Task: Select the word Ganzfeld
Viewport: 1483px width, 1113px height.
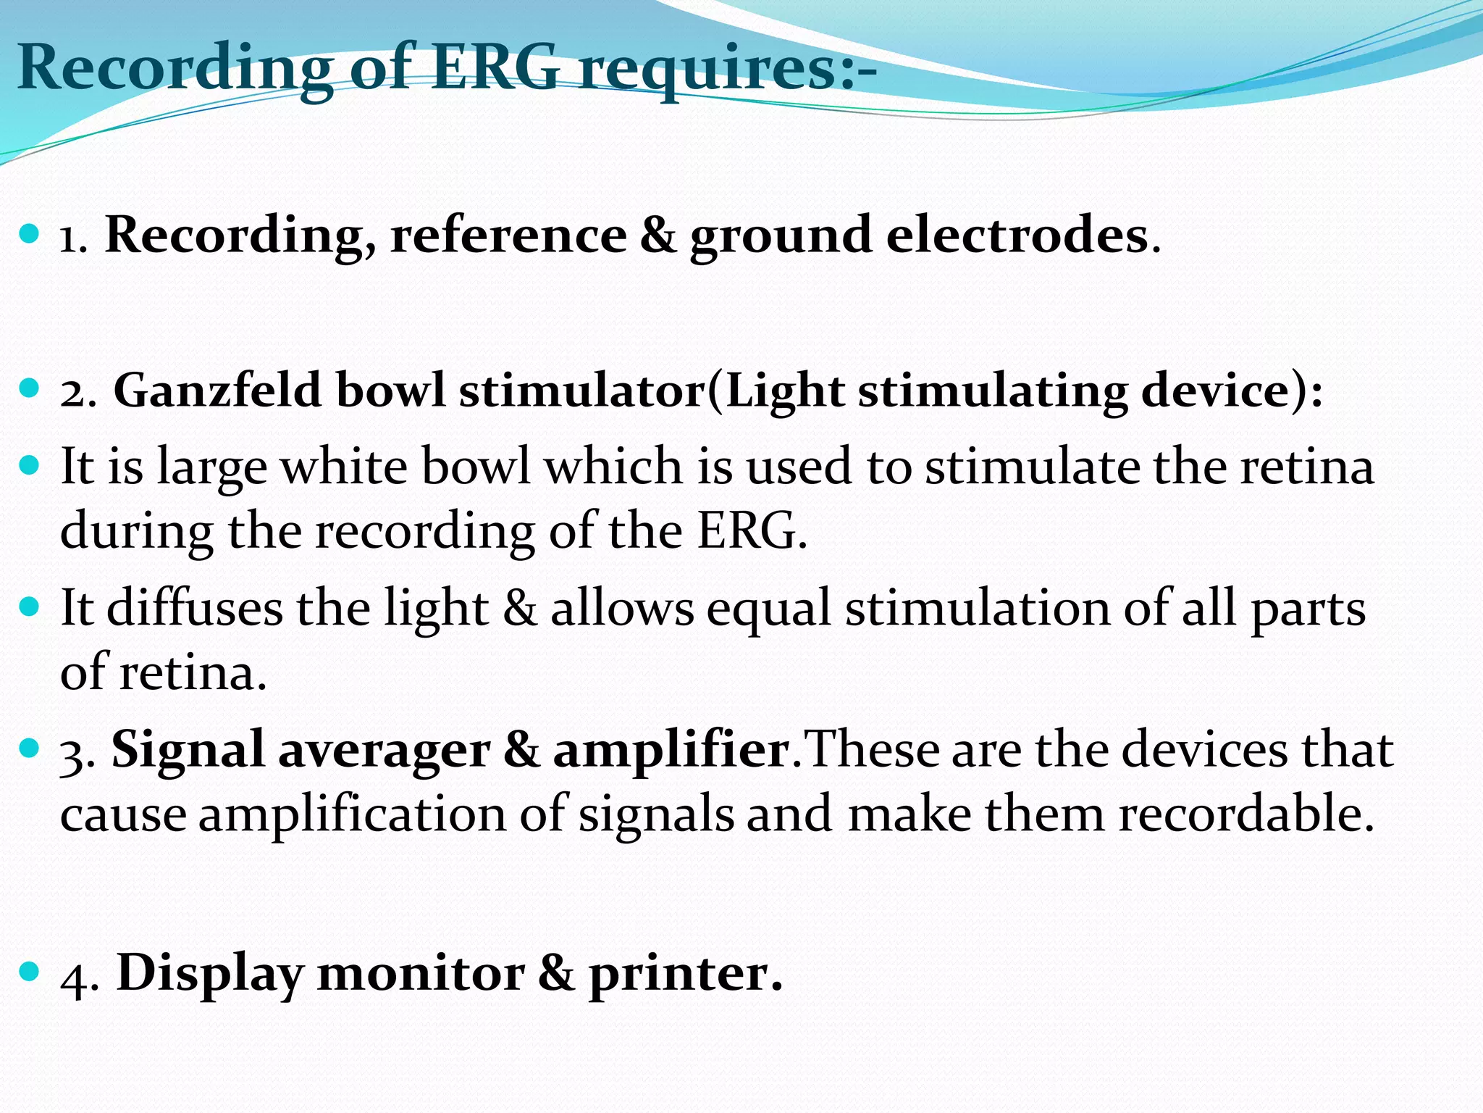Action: [217, 391]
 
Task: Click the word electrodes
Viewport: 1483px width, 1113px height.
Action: [1017, 235]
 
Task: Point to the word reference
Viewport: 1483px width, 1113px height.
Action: [508, 235]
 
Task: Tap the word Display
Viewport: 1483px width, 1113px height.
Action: [209, 973]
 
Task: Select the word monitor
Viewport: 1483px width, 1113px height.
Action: [421, 973]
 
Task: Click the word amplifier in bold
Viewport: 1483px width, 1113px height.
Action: [671, 751]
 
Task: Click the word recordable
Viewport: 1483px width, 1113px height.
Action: [1245, 814]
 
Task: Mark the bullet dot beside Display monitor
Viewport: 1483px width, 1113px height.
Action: [30, 971]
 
